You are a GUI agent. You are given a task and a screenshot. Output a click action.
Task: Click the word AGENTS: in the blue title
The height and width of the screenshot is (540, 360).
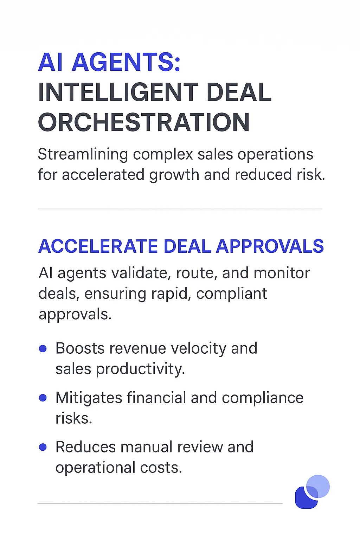[x=126, y=62]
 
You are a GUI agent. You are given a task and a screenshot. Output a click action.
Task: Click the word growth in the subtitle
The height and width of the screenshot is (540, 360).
[x=174, y=175]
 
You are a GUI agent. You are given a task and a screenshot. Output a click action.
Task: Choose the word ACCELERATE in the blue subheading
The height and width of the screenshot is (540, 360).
[x=98, y=246]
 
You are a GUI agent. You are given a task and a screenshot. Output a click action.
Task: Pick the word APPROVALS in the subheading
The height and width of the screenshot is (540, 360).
[x=270, y=246]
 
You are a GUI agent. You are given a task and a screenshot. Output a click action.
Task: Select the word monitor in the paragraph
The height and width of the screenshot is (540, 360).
[x=282, y=274]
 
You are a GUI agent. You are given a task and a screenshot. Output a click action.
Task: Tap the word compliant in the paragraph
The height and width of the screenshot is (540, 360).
[x=231, y=294]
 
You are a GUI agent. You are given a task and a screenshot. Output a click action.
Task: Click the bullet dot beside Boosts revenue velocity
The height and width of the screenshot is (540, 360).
[x=43, y=349]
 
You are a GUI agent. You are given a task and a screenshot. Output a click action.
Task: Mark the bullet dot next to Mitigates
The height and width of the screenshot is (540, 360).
[x=43, y=398]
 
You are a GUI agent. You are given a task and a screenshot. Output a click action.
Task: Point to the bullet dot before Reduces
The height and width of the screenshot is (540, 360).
[x=43, y=447]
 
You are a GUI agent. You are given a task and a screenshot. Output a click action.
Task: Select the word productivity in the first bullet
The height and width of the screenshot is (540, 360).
[x=140, y=369]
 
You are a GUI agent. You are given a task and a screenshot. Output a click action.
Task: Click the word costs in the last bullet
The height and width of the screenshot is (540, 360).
[x=161, y=468]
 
